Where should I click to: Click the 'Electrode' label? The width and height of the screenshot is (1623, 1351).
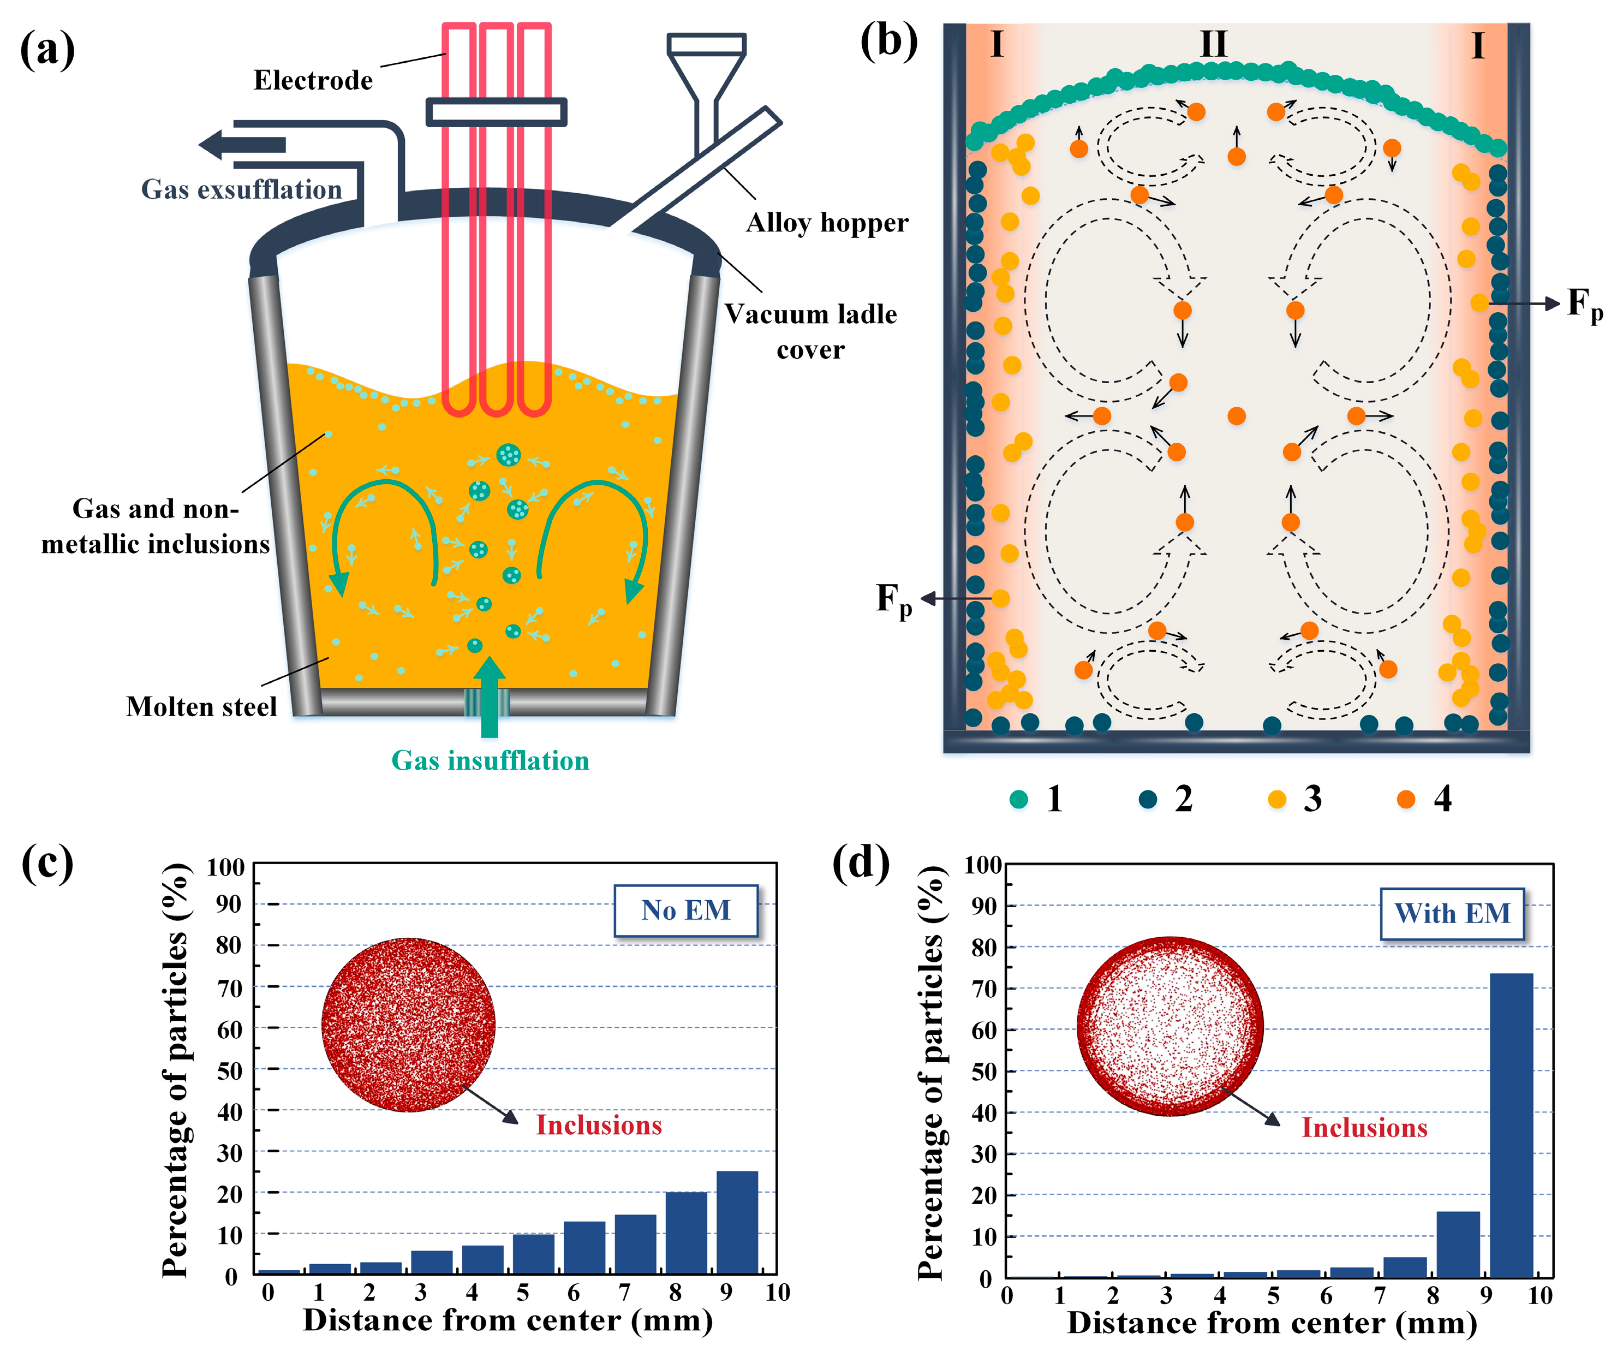313,80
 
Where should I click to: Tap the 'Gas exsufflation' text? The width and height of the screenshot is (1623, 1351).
241,189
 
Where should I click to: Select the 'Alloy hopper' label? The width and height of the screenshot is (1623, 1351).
827,223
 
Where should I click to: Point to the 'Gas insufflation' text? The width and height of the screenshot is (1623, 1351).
490,760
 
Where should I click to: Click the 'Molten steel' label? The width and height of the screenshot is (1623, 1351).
201,706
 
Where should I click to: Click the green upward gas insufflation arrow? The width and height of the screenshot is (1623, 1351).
489,695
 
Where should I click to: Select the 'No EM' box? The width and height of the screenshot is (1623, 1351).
685,910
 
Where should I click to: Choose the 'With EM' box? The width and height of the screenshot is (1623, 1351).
1452,914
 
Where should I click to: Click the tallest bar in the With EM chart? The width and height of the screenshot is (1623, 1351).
1511,1124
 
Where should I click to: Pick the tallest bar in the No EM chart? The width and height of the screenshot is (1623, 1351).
737,1223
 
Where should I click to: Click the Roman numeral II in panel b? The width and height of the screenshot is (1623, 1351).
1213,44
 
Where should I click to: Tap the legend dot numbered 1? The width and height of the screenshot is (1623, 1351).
1019,799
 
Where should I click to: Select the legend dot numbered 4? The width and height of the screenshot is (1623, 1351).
1406,799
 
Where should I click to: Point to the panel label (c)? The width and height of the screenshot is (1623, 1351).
47,864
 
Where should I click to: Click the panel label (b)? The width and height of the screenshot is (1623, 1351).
889,41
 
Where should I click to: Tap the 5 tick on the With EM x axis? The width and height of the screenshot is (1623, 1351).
1273,1295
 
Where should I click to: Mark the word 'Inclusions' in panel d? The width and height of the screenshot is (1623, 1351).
1364,1128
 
